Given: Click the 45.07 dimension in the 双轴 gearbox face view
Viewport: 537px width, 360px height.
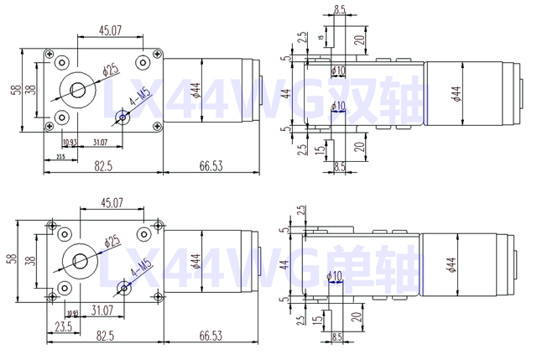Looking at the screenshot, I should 111,30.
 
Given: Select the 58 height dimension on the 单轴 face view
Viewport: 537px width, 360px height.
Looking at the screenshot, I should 12,258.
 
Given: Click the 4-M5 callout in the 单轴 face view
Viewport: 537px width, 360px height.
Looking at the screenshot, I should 141,270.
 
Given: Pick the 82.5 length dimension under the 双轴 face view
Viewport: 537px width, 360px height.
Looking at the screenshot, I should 103,167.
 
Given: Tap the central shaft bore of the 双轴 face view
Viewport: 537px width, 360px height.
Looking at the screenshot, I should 78,90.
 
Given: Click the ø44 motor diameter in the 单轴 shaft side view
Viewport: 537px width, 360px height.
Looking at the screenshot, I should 454,266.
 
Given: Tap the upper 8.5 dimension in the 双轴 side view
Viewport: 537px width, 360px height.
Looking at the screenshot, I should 339,9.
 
